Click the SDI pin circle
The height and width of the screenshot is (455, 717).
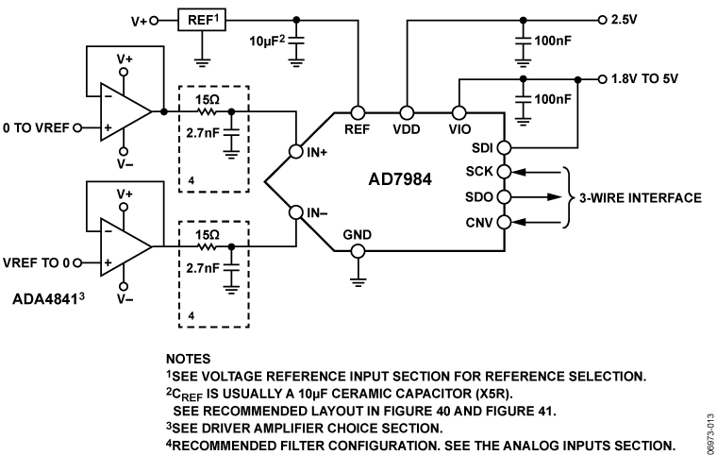click(x=503, y=147)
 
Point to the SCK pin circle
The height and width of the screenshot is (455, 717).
click(x=503, y=172)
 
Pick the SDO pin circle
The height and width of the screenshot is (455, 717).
click(x=503, y=197)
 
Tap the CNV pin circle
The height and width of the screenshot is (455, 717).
click(x=503, y=223)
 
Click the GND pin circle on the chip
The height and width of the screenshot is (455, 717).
click(x=357, y=251)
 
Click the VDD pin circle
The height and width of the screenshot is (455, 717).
click(x=408, y=111)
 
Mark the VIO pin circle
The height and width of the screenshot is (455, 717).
click(x=459, y=111)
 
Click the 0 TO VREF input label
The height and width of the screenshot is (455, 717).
click(x=34, y=126)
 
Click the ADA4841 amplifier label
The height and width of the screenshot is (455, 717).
click(x=48, y=301)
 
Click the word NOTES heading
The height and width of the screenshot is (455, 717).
click(x=188, y=360)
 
